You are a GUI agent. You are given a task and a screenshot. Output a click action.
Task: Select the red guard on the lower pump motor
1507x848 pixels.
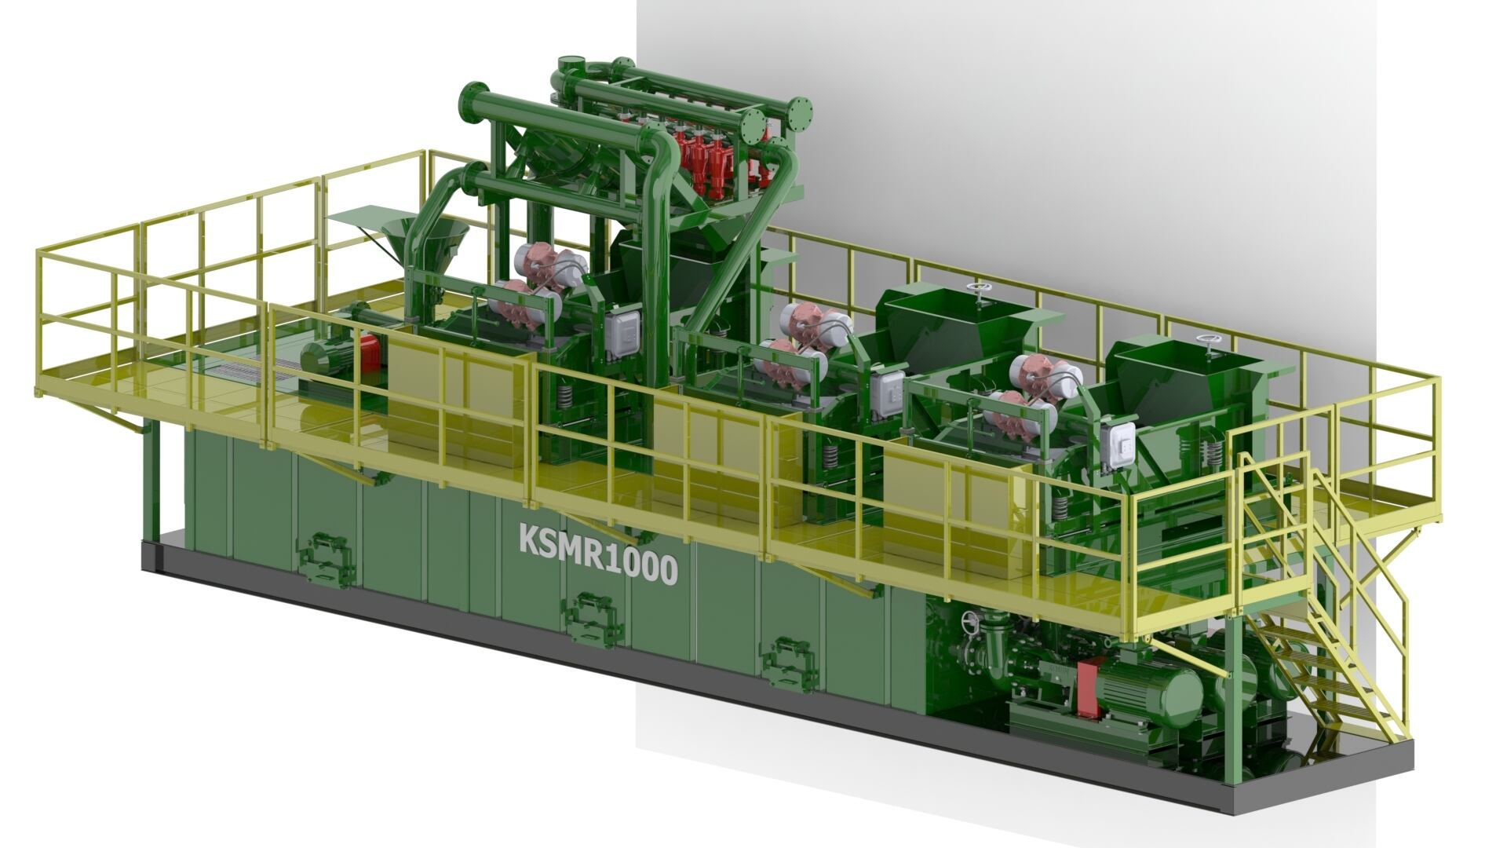(x=1087, y=689)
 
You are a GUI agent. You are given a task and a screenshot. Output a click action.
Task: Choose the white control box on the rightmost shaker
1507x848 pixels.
(x=1118, y=444)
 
